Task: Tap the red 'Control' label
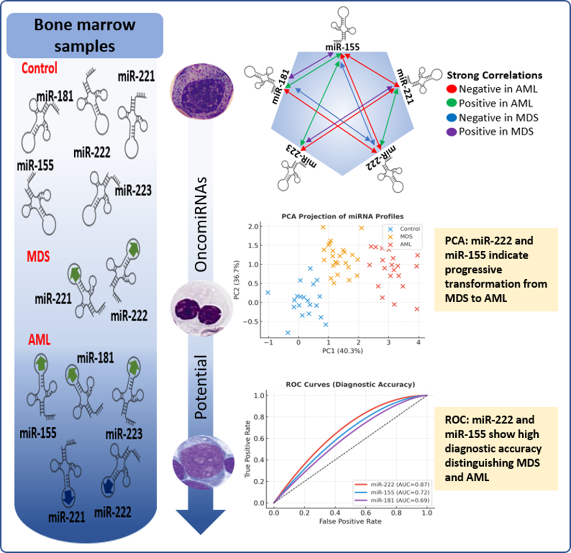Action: click(39, 68)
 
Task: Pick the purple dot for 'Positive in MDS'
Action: click(451, 131)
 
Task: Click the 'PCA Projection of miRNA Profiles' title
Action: click(343, 216)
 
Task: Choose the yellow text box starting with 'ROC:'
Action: click(495, 448)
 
